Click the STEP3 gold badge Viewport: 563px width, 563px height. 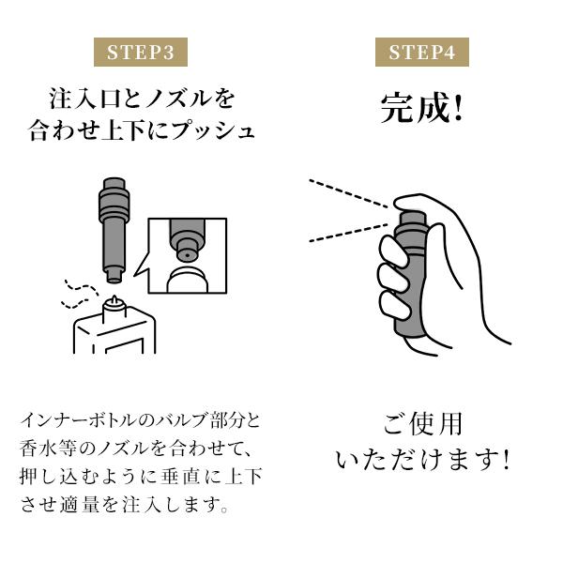pos(141,52)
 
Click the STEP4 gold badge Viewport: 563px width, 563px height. pos(422,52)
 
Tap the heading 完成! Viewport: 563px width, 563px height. pos(422,108)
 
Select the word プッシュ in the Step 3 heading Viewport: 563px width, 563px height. pos(213,130)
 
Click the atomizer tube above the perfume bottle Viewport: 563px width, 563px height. pos(114,231)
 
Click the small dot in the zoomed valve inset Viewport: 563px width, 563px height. pos(187,256)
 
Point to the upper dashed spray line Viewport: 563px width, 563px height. pos(349,193)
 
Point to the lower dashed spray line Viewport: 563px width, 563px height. pos(349,233)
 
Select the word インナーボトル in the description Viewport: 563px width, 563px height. pos(80,420)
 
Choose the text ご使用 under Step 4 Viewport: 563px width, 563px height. pos(422,424)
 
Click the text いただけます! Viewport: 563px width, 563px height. pos(422,460)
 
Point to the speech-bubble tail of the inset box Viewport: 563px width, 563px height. pos(141,268)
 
